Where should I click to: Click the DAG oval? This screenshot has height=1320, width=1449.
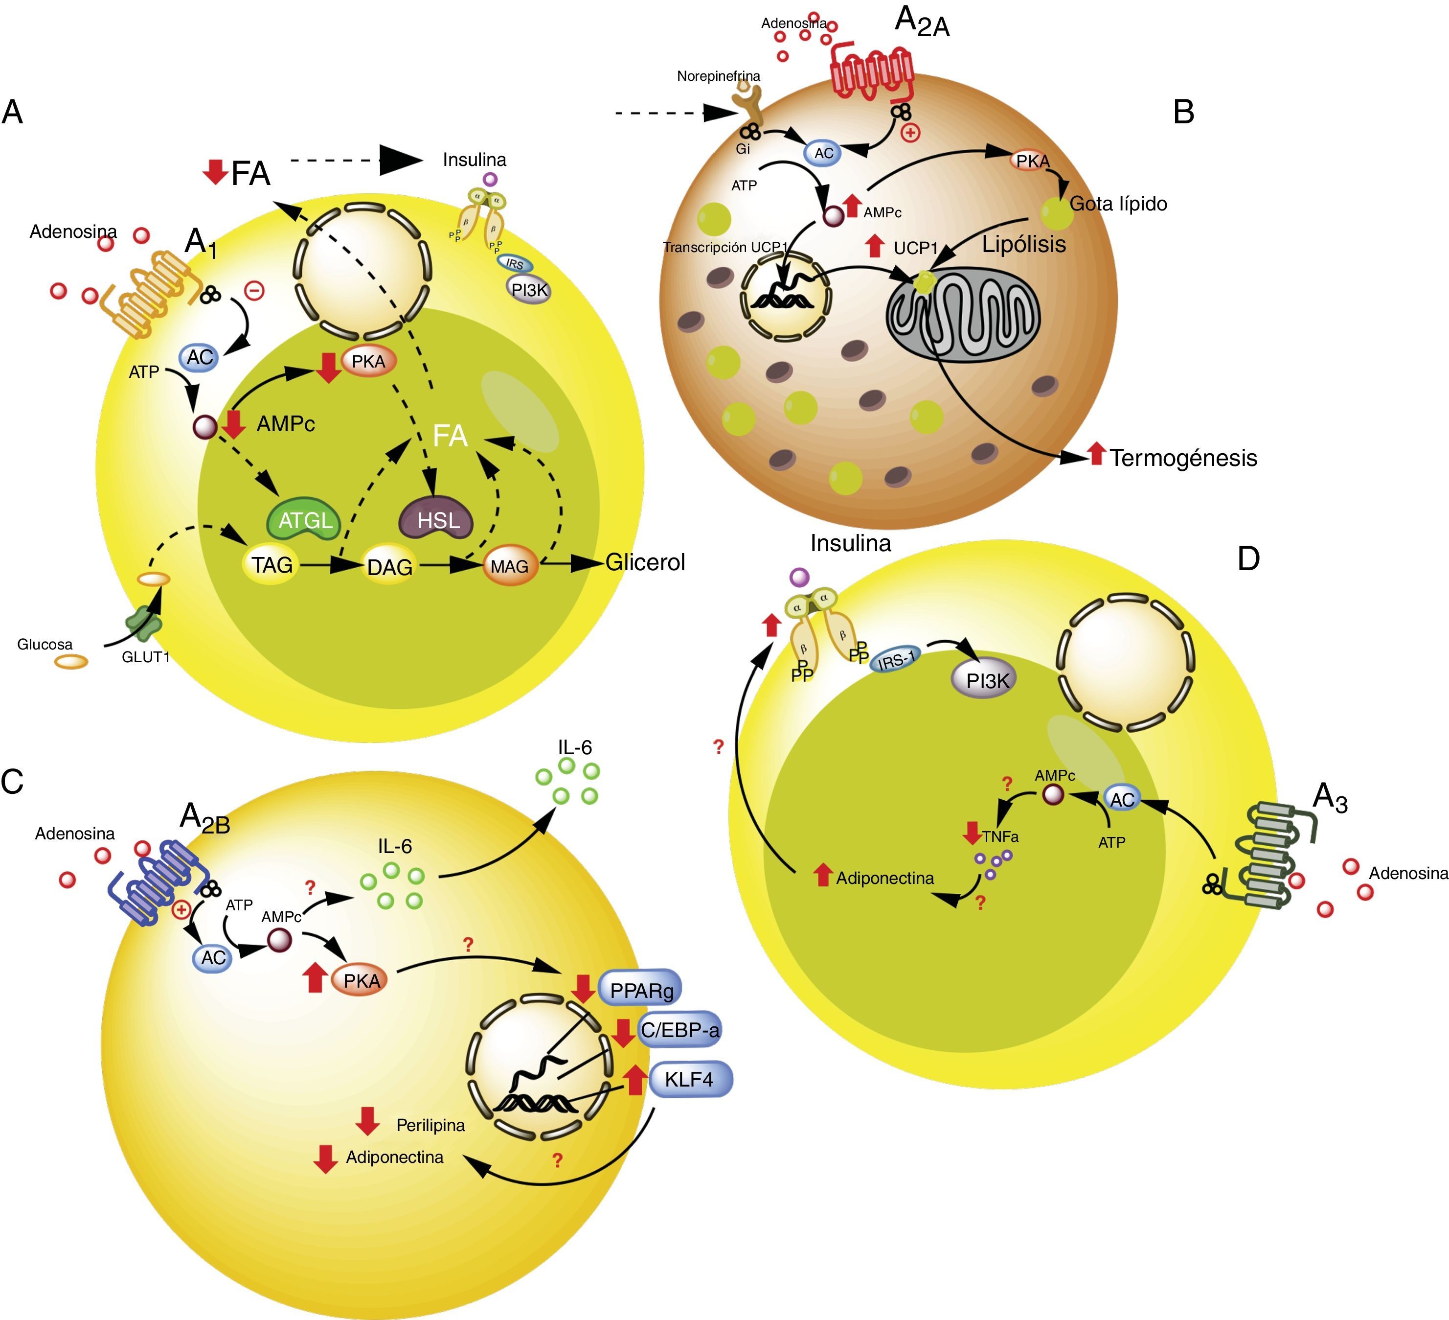coord(389,567)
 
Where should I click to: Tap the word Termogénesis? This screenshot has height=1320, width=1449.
coord(1183,458)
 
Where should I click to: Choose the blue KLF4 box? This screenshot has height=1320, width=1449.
coord(689,1079)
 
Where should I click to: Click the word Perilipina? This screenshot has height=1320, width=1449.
coord(430,1125)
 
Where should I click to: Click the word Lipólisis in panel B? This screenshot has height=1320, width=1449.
coord(1023,244)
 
